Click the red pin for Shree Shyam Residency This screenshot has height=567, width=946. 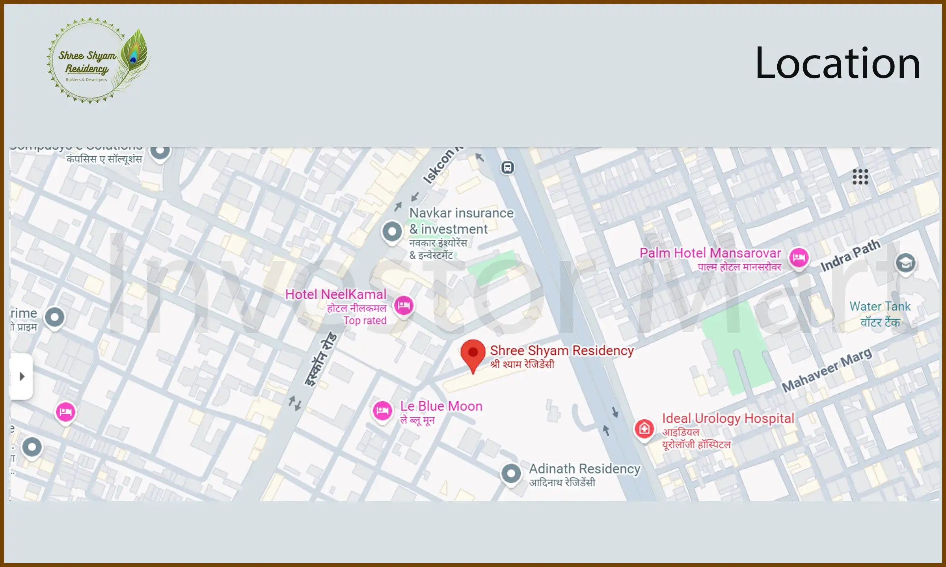[473, 353]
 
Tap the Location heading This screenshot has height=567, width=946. [837, 63]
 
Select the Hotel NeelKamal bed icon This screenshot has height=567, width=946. [404, 305]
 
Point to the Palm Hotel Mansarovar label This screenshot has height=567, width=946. [710, 253]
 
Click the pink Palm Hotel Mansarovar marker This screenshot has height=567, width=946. [799, 258]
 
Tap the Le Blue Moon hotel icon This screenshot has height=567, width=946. [382, 411]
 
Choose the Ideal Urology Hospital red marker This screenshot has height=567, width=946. [644, 428]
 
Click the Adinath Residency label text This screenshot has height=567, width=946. [584, 469]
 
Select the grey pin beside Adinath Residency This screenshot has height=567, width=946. [511, 473]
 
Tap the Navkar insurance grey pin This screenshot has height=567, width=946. [392, 232]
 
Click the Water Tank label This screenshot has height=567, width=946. [880, 306]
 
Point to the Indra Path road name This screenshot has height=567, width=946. [850, 256]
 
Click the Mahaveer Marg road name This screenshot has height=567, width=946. [827, 370]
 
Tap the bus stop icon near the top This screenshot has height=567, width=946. [508, 167]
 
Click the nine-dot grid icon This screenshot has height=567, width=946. [860, 177]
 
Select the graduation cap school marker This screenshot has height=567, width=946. [905, 263]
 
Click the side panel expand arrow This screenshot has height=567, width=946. [22, 376]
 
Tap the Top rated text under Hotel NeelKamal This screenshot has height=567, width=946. [365, 321]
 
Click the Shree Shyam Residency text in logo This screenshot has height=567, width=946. [87, 62]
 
